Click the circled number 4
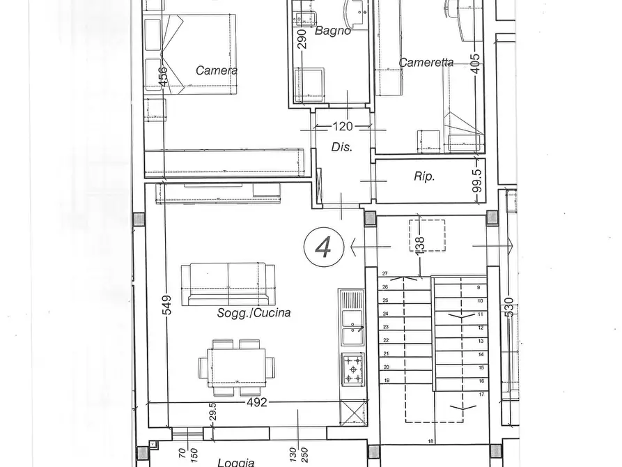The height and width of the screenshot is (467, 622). (x=322, y=246)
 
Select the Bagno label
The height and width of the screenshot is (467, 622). (x=332, y=31)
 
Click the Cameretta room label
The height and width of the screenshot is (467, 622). (x=426, y=63)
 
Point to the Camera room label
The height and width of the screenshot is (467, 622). (x=217, y=70)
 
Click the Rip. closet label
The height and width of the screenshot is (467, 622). (x=424, y=177)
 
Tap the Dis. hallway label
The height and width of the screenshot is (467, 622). (x=341, y=147)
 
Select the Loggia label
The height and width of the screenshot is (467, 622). (x=235, y=461)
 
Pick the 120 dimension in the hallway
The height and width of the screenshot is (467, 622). (x=343, y=127)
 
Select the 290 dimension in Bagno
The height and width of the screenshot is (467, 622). (x=302, y=40)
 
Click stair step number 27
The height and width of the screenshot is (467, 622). (x=384, y=274)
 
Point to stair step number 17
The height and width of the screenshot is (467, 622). (x=480, y=395)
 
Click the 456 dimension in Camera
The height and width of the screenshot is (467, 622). (x=163, y=77)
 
